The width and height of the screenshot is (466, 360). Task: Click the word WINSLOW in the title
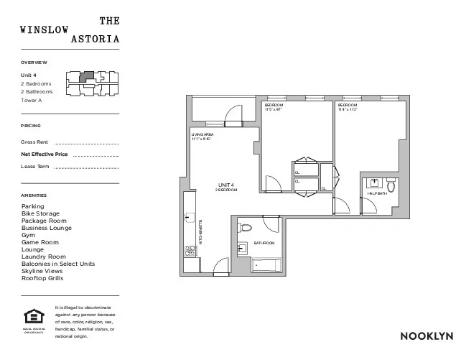[x=45, y=30]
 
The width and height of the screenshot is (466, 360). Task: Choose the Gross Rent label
[x=34, y=142]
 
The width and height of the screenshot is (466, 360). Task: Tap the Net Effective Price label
[x=45, y=154]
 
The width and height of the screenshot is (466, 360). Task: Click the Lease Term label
[x=35, y=167]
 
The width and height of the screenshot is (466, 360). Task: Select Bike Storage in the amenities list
[x=41, y=213]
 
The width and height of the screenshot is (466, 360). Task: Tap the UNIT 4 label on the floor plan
[x=226, y=185]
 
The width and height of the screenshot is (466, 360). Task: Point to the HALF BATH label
[x=377, y=193]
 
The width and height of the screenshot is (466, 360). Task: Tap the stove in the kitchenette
[x=190, y=251]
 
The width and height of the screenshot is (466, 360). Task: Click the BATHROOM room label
[x=264, y=243]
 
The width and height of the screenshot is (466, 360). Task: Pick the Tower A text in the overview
[x=32, y=101]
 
